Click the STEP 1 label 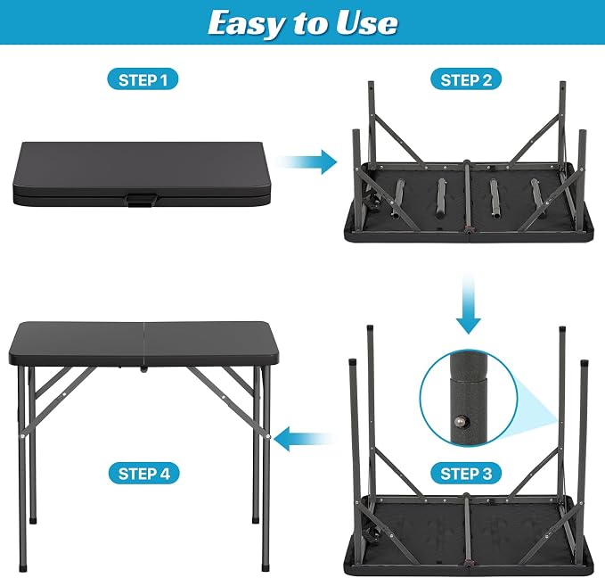pos(143,79)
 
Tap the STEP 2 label pos(466,79)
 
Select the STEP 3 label pos(466,473)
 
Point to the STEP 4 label pos(143,473)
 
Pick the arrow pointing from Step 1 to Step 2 pos(307,162)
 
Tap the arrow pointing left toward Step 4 pos(306,438)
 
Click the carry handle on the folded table pos(141,199)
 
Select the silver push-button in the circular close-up pos(460,421)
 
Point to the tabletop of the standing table pos(143,344)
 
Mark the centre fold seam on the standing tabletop pos(143,344)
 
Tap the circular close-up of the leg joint pos(469,399)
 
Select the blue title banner pos(303,22)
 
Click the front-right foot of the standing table pos(266,568)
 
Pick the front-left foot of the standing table pos(24,568)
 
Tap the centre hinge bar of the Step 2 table pos(467,197)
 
